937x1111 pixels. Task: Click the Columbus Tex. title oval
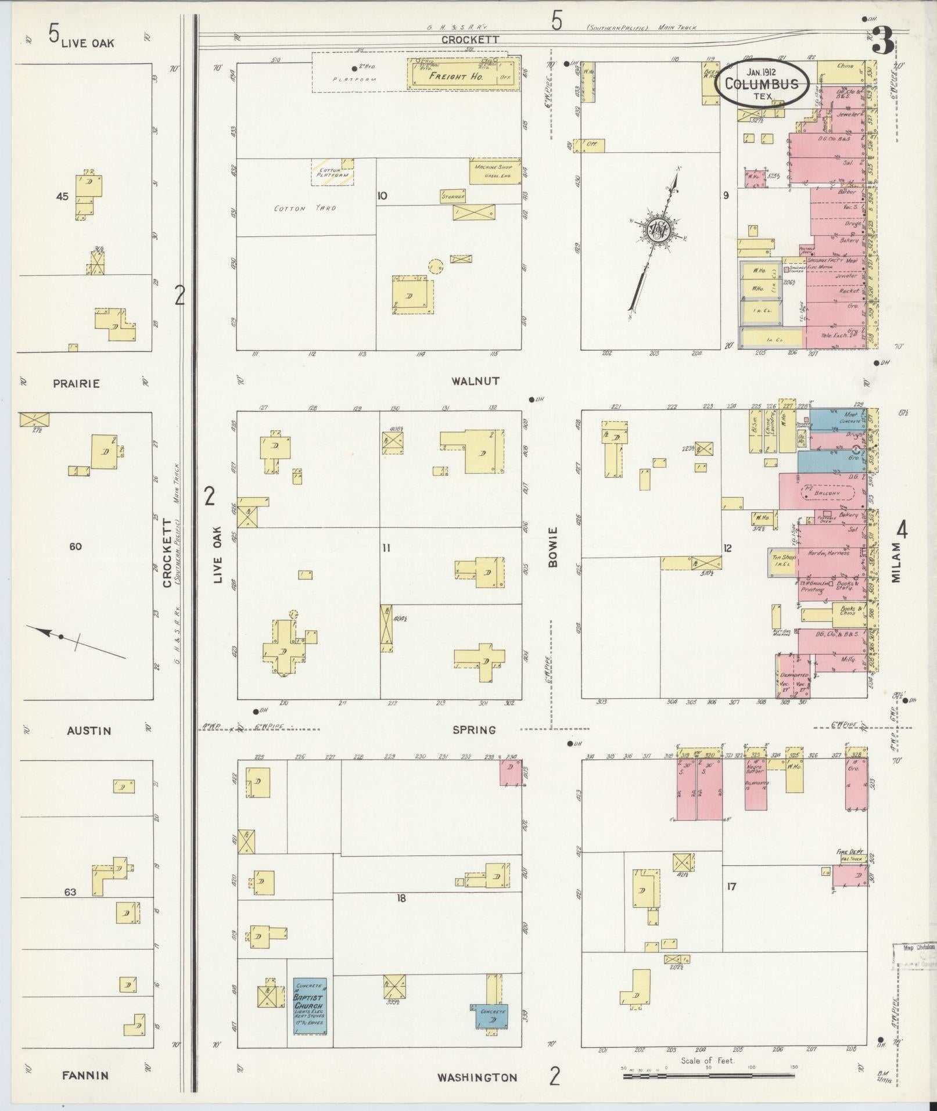tap(761, 83)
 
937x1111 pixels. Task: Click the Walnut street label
tap(475, 381)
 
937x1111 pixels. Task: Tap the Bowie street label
tap(552, 546)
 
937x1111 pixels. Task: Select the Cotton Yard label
tap(304, 208)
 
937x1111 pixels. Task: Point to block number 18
tap(401, 898)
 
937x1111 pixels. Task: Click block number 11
tap(386, 547)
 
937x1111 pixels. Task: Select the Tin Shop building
tap(781, 562)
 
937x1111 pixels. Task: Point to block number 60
tap(76, 546)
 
